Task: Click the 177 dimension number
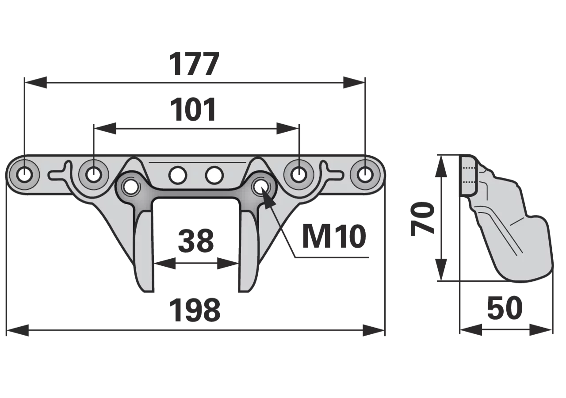pos(194,64)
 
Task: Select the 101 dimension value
pos(193,110)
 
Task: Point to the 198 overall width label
pos(195,310)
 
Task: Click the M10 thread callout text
pos(334,237)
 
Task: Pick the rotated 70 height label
pos(422,219)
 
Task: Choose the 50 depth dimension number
pos(505,308)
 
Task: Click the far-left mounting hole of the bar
pos(24,175)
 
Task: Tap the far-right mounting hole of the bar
pos(365,174)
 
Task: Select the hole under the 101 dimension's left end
pos(94,175)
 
